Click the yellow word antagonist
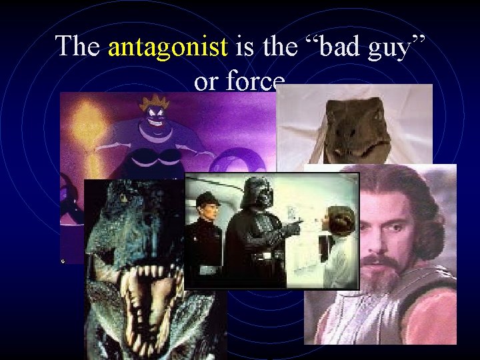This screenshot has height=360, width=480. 167,47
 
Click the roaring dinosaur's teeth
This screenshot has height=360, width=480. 148,280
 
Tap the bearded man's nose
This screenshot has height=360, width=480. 381,241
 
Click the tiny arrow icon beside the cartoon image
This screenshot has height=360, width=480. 63,261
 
